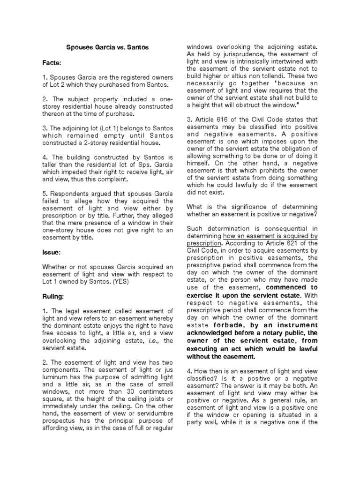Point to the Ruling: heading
54,296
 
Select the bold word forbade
226,324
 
